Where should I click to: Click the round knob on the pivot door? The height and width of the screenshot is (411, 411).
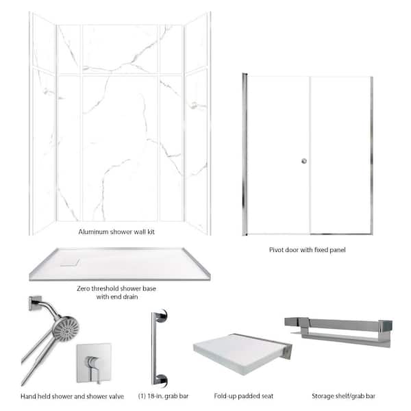[304, 161]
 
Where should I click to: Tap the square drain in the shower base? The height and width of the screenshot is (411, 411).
[70, 262]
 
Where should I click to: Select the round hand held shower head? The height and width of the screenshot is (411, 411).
[66, 328]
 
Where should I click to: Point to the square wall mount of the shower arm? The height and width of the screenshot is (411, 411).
[35, 303]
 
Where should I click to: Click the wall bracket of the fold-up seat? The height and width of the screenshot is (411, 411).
[288, 351]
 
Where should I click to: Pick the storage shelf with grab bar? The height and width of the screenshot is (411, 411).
[338, 332]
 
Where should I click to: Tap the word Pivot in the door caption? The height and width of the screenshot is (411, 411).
[276, 250]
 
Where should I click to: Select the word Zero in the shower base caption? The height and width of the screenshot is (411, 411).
[83, 288]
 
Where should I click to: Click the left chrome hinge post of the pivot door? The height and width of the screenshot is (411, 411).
[245, 154]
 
